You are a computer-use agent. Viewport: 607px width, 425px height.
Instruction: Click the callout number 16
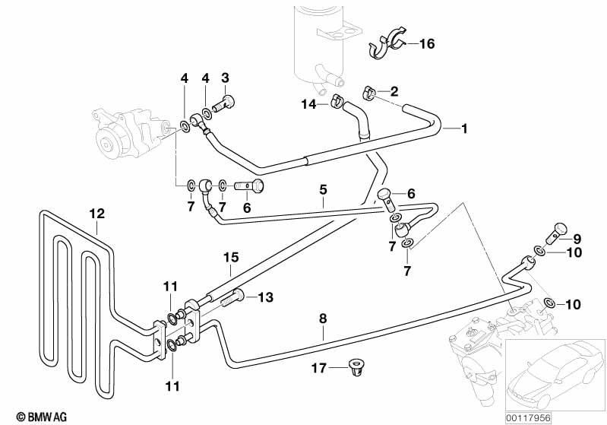[426, 44]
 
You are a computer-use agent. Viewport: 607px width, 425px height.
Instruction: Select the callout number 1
[464, 128]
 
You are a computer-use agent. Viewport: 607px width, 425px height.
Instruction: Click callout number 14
[308, 103]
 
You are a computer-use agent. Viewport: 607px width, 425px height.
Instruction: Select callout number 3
[225, 78]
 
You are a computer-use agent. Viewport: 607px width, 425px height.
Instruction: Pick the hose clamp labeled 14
[337, 101]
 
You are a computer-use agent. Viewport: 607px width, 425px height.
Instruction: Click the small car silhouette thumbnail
[554, 373]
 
